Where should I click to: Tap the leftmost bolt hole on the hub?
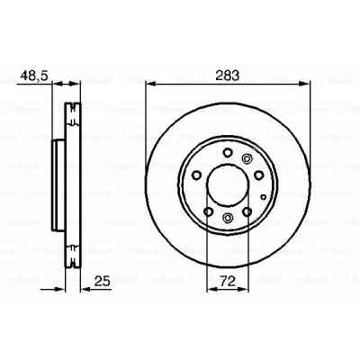193,175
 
